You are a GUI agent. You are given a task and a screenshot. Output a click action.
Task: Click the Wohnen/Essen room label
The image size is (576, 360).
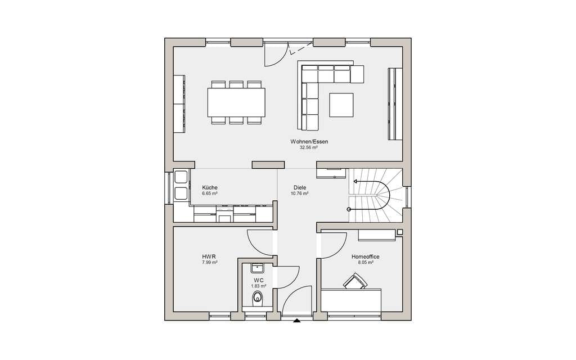(309, 141)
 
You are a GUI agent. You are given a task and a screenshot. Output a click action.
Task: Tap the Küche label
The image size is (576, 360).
(209, 187)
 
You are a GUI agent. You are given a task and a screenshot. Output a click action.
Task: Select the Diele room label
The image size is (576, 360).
(299, 187)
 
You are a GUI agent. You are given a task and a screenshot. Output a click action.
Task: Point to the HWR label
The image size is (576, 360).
(209, 256)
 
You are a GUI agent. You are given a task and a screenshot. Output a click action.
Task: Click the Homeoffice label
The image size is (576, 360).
(365, 256)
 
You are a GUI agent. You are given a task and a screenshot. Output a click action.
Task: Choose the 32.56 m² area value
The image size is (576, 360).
(309, 147)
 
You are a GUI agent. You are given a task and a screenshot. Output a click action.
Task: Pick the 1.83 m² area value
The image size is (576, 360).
(259, 286)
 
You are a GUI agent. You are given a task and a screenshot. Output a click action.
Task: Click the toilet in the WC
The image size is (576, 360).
(258, 299)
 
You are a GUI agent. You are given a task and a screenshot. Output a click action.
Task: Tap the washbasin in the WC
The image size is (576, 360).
(259, 268)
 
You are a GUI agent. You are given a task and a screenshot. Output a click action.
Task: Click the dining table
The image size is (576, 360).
(236, 102)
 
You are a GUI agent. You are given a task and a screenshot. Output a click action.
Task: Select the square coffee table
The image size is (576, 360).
(341, 105)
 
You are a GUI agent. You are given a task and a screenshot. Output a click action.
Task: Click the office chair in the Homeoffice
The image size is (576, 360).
(355, 281)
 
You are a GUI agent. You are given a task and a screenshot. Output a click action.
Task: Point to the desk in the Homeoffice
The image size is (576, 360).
(351, 300)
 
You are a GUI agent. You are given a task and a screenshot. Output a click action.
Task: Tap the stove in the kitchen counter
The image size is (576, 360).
(224, 214)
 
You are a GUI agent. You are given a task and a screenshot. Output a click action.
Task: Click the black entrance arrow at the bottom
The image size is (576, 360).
(297, 321)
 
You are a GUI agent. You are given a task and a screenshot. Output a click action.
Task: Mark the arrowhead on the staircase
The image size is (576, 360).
(355, 181)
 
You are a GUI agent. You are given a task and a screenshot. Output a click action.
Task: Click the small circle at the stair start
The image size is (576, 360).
(349, 209)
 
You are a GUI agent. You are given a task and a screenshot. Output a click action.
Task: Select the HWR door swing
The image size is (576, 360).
(260, 242)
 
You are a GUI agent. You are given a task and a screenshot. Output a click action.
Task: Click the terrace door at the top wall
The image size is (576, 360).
(276, 55)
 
